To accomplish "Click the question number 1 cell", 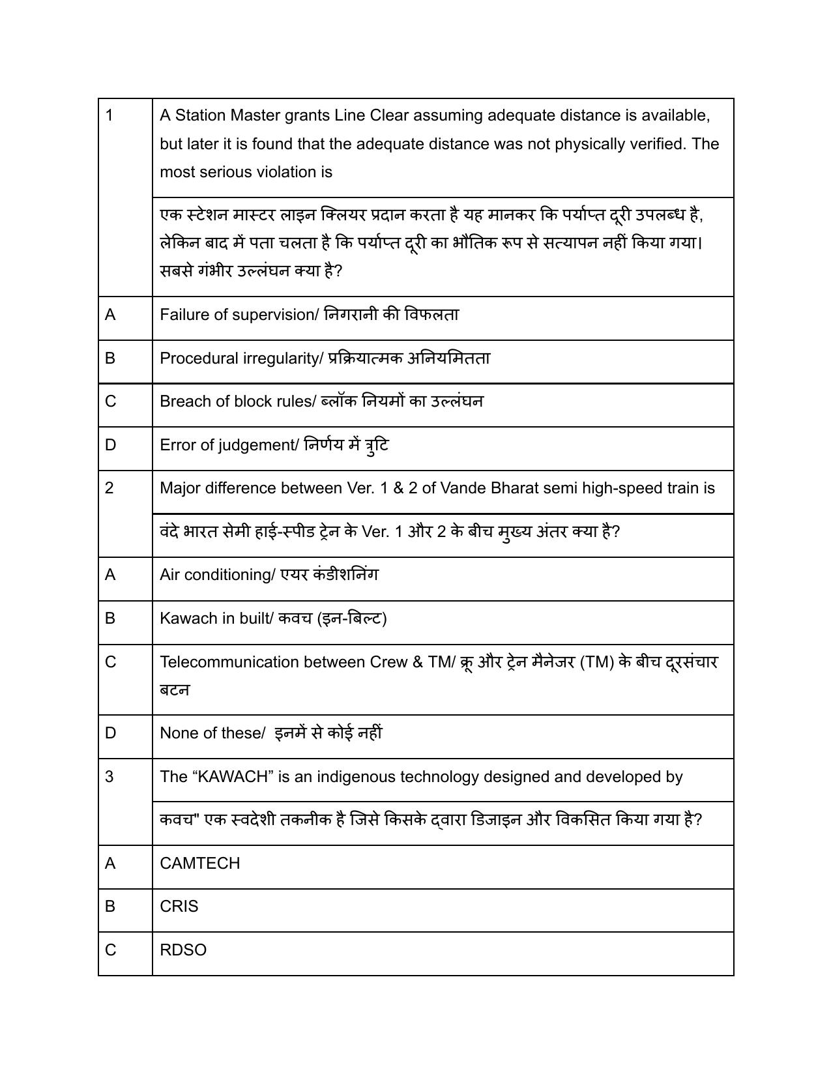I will tap(109, 116).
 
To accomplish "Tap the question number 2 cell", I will tap(109, 488).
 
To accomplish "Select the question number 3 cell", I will tap(109, 777).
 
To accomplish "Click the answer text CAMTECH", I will tap(199, 864).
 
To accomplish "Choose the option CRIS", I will tap(179, 907).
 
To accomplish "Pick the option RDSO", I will tap(182, 950).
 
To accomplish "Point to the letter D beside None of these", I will tap(110, 733).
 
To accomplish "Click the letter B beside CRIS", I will tap(109, 907).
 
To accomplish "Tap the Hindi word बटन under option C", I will tap(175, 690).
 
